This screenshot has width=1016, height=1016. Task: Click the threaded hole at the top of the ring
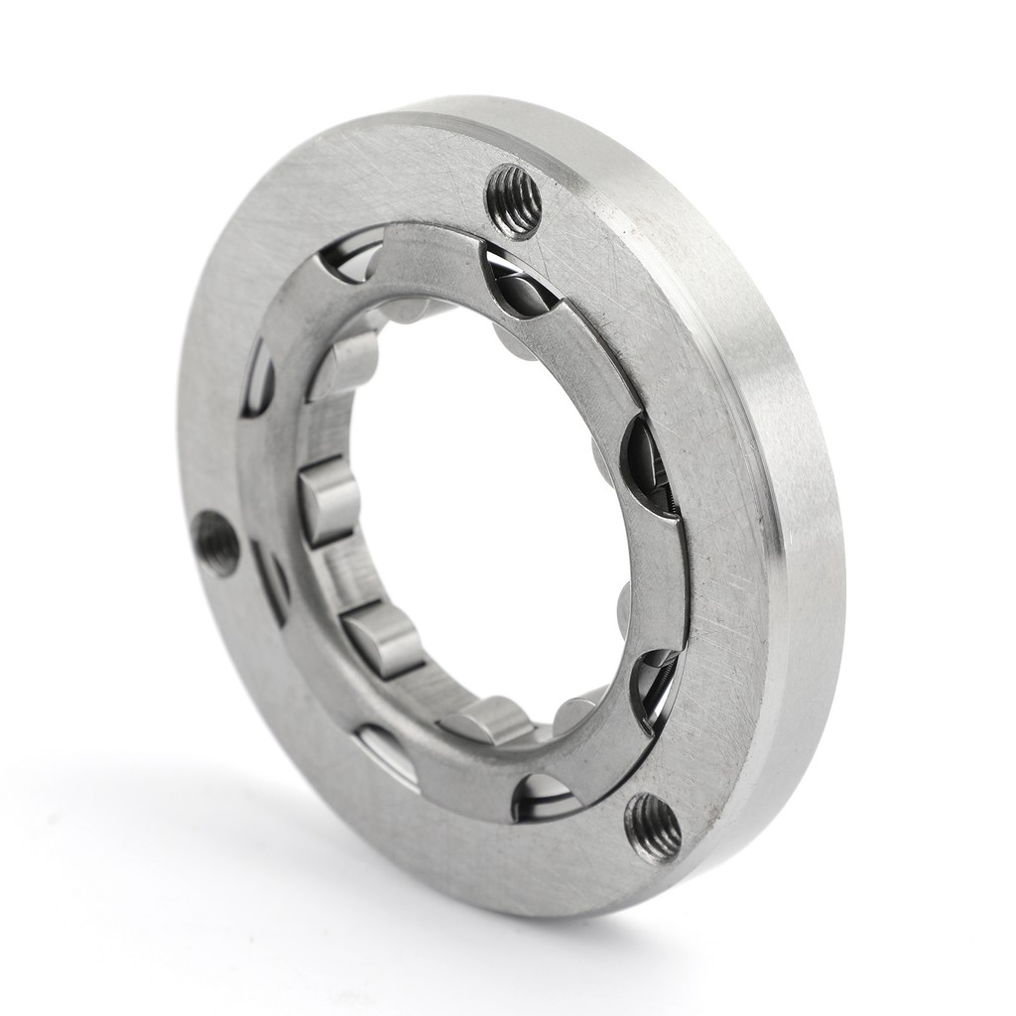514,200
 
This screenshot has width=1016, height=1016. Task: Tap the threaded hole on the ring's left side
217,543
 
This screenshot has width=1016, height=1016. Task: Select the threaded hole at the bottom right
652,826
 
